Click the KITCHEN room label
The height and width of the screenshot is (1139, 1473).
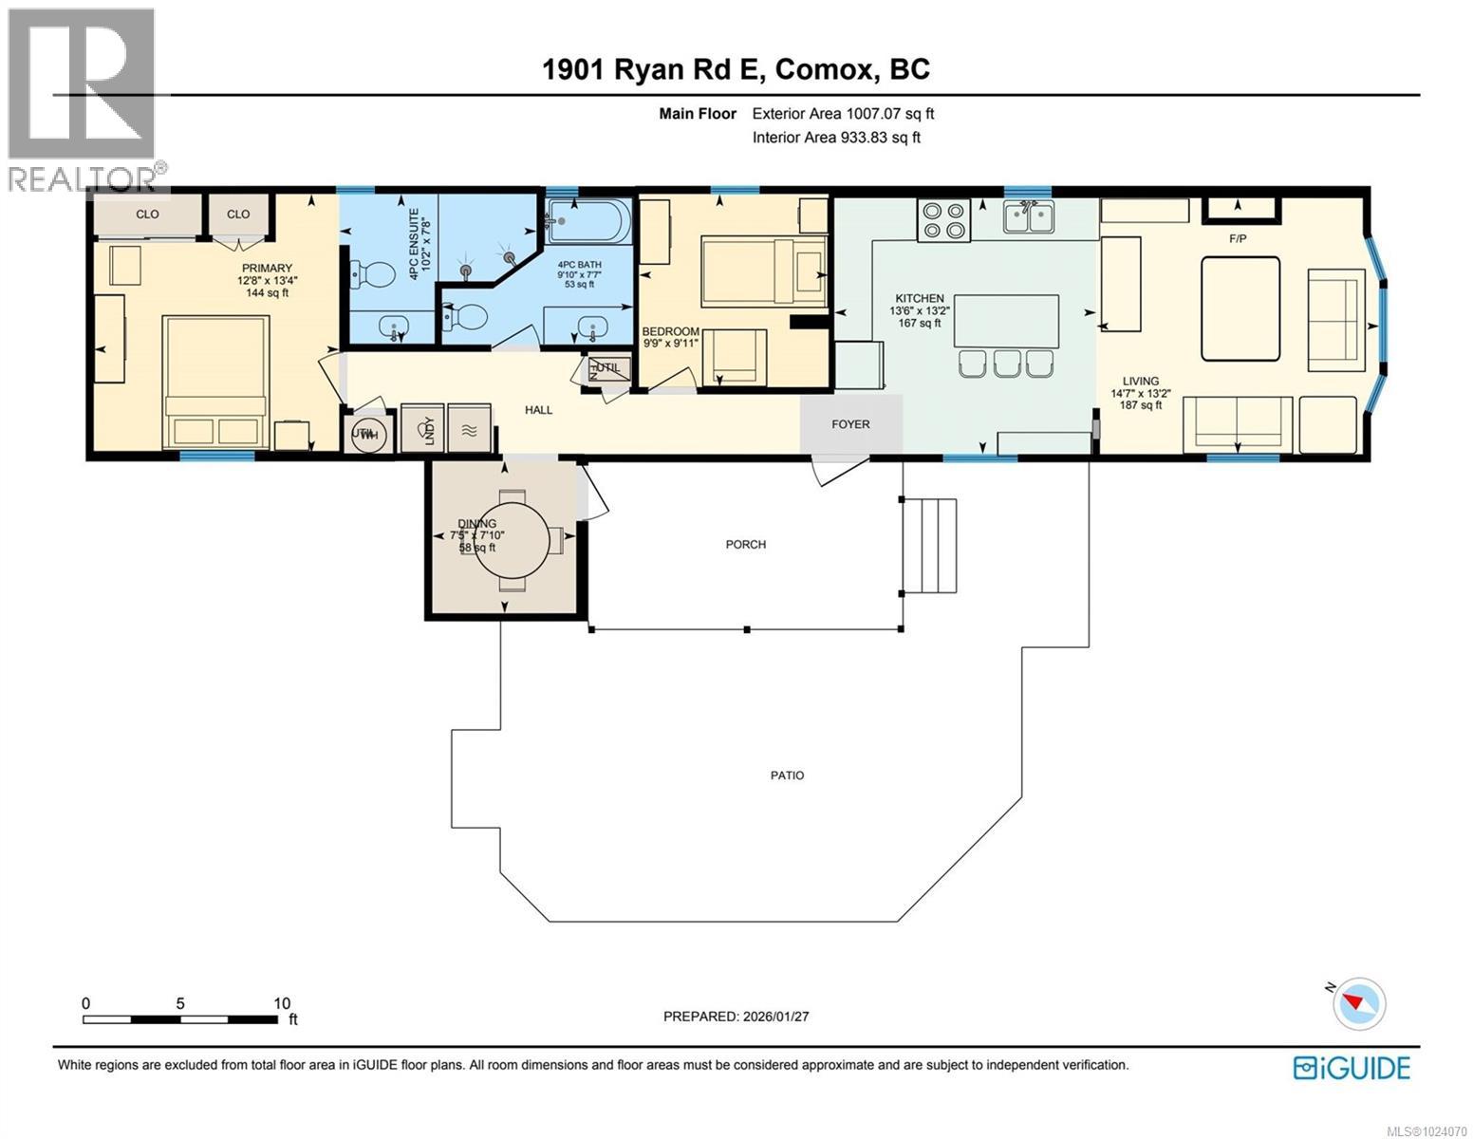pyautogui.click(x=917, y=298)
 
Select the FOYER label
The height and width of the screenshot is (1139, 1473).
pyautogui.click(x=850, y=424)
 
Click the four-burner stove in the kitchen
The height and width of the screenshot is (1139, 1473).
pyautogui.click(x=943, y=219)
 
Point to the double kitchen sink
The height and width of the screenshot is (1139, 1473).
pyautogui.click(x=1029, y=217)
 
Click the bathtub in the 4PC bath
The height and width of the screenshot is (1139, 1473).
pyautogui.click(x=588, y=222)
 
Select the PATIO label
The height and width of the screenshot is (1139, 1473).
pyautogui.click(x=787, y=775)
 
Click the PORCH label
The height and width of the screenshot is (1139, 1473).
pyautogui.click(x=745, y=545)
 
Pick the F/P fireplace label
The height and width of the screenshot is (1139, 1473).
pyautogui.click(x=1238, y=238)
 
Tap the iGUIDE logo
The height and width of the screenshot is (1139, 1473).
pyautogui.click(x=1352, y=1068)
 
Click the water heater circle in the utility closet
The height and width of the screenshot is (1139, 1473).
pyautogui.click(x=365, y=434)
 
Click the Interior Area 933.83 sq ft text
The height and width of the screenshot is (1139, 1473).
pyautogui.click(x=836, y=138)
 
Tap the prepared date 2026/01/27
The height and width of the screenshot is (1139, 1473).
pyautogui.click(x=736, y=1017)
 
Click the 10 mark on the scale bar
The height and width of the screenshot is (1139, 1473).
pyautogui.click(x=282, y=1003)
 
